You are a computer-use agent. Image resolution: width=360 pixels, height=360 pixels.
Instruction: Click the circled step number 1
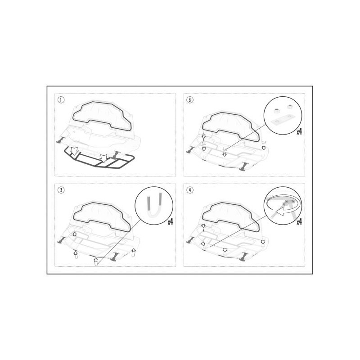(x=61, y=100)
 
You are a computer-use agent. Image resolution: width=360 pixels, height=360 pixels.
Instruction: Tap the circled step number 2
(x=61, y=190)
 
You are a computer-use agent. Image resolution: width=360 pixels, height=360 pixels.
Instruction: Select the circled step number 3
(x=190, y=100)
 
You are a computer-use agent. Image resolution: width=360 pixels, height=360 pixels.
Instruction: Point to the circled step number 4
(x=190, y=190)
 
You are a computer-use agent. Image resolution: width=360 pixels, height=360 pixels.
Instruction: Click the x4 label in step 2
(x=170, y=222)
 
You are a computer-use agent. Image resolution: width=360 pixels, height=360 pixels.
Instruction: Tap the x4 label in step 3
(x=299, y=132)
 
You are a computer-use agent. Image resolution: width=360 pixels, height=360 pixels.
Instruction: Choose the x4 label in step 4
(x=299, y=222)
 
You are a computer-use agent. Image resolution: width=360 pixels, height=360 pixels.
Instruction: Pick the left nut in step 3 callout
(x=276, y=111)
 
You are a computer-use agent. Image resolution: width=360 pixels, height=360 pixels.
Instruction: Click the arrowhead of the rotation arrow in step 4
(x=279, y=212)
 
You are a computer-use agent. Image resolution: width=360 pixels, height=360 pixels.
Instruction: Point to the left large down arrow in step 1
(x=74, y=151)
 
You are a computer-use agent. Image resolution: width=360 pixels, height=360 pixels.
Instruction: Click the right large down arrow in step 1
(x=104, y=158)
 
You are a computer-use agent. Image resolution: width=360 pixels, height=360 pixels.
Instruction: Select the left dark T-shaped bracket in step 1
(x=61, y=139)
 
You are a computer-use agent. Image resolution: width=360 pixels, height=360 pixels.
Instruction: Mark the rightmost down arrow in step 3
(x=264, y=148)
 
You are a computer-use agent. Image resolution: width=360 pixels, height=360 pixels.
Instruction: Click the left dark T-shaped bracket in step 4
(x=190, y=240)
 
